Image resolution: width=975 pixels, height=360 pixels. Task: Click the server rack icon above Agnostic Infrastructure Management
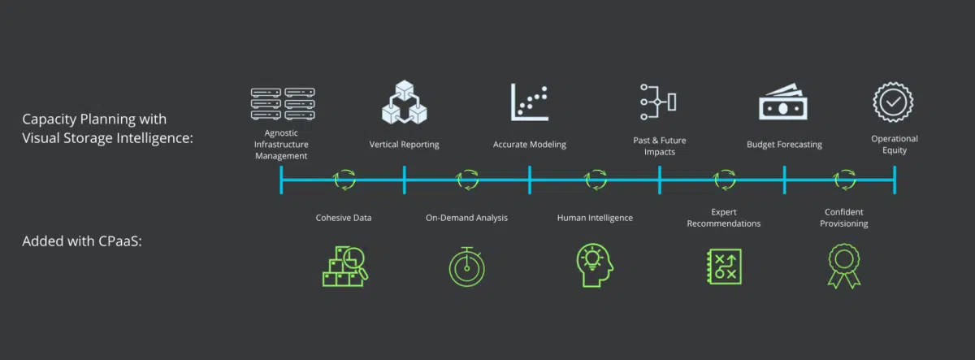click(x=283, y=103)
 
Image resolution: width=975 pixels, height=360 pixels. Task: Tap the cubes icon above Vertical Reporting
click(x=405, y=102)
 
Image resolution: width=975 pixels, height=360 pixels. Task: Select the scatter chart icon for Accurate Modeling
click(x=530, y=102)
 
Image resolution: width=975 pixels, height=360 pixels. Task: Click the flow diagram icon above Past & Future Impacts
click(x=658, y=102)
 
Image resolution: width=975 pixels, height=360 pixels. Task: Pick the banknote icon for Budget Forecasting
click(x=783, y=102)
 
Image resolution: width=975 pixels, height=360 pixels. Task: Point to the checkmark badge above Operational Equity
click(x=893, y=102)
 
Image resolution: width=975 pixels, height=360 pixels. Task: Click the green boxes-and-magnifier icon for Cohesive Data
click(x=345, y=267)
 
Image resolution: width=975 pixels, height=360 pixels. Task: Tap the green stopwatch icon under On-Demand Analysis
click(x=466, y=267)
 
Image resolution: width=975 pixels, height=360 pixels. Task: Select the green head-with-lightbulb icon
click(x=595, y=265)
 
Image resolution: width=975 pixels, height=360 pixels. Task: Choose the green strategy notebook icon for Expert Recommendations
click(x=724, y=267)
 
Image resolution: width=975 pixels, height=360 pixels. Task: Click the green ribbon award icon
click(x=844, y=266)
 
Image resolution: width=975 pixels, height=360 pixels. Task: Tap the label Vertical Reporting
click(x=404, y=145)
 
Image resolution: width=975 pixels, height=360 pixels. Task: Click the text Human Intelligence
click(x=595, y=218)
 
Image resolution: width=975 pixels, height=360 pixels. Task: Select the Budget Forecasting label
click(x=784, y=145)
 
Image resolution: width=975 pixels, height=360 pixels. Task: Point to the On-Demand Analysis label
click(x=466, y=218)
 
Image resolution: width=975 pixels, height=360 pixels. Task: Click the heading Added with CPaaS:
click(x=82, y=241)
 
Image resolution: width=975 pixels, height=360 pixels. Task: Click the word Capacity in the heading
click(x=50, y=119)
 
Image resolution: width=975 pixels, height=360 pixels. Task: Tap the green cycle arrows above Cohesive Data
click(x=344, y=180)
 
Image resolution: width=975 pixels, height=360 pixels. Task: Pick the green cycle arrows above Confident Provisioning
click(x=844, y=180)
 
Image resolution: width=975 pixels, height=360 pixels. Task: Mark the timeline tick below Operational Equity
click(x=895, y=180)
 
